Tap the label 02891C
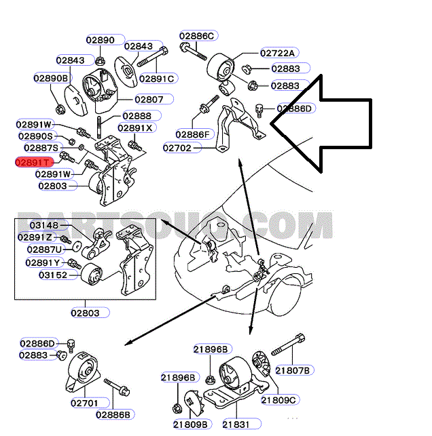[158, 78]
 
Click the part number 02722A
[277, 53]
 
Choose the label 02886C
[197, 35]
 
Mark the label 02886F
[193, 134]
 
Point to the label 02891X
[136, 127]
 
